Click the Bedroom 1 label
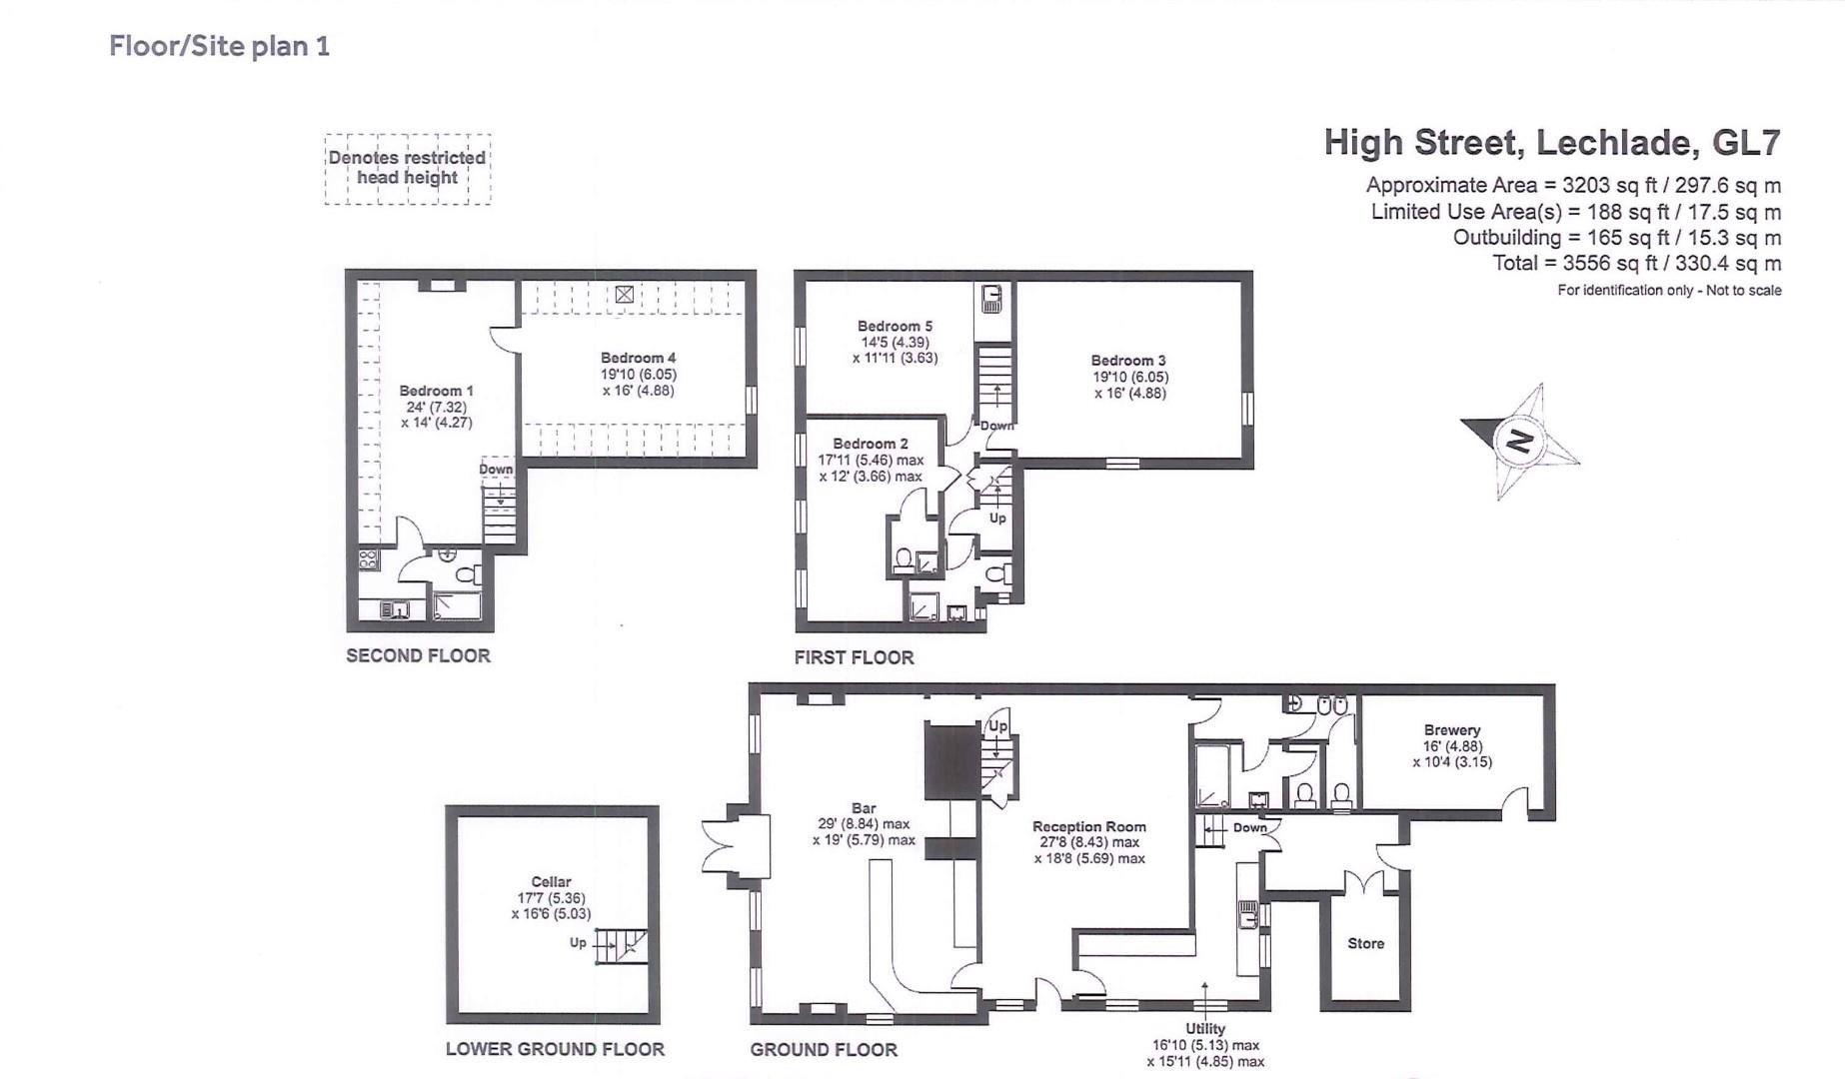[436, 391]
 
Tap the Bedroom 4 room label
[638, 358]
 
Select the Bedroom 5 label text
[895, 326]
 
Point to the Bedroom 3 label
[1127, 361]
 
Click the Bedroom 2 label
[871, 444]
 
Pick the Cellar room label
[551, 882]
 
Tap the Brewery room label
[1451, 730]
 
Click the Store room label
[1365, 943]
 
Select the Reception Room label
[1088, 827]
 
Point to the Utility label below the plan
[1204, 1028]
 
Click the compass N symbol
[1519, 441]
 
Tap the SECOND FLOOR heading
[418, 656]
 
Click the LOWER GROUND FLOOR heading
[555, 1049]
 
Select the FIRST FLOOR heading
[854, 657]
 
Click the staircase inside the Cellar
[622, 945]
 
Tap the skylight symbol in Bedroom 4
[624, 294]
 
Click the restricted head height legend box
[407, 169]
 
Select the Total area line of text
[1636, 264]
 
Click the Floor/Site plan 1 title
[219, 46]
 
